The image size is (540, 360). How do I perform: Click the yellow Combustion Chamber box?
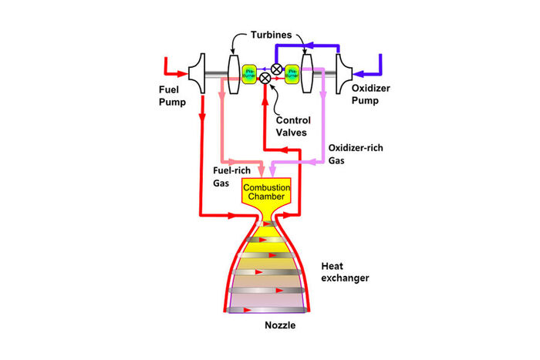265,193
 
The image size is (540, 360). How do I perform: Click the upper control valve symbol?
276,69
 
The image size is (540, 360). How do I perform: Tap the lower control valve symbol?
266,78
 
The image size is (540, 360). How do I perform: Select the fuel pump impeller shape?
197,74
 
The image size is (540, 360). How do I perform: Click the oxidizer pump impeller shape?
343,74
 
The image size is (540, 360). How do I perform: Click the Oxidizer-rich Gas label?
354,153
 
